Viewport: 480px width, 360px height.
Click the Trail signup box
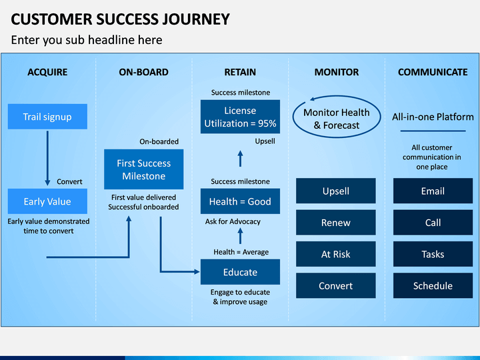[x=47, y=116]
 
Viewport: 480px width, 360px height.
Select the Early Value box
[x=47, y=201]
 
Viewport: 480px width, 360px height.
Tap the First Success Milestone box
[x=143, y=169]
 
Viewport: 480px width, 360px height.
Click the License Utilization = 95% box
[x=240, y=117]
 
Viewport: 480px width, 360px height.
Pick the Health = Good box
[x=240, y=201]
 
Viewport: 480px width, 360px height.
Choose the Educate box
[x=240, y=272]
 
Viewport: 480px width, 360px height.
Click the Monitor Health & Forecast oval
[x=293, y=117]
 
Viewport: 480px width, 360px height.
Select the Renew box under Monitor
[x=336, y=222]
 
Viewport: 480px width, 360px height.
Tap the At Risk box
[x=336, y=254]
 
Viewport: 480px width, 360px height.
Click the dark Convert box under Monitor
[x=336, y=285]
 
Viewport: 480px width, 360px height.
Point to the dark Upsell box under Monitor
[x=336, y=191]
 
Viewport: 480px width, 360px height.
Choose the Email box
[x=433, y=191]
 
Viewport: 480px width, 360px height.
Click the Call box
[x=433, y=222]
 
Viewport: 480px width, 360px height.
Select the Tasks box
[x=433, y=254]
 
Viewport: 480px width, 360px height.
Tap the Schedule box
[x=433, y=285]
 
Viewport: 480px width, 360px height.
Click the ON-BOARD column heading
[x=143, y=72]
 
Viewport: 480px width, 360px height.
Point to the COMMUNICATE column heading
[x=433, y=72]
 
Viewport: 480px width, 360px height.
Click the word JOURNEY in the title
[x=195, y=19]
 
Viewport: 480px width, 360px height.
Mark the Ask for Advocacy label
[x=233, y=221]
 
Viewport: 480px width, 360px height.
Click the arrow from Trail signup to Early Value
[x=47, y=158]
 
